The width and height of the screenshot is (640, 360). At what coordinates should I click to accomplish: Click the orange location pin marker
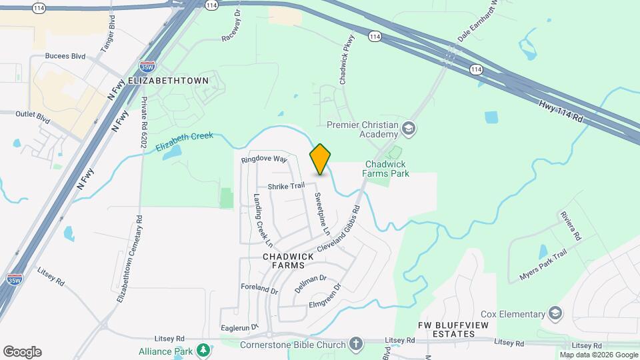click(x=320, y=159)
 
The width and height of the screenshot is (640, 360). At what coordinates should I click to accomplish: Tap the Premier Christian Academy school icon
click(x=408, y=128)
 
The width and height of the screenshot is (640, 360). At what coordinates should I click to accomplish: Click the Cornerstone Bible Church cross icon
click(x=356, y=344)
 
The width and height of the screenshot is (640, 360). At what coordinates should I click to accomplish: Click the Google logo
click(x=22, y=352)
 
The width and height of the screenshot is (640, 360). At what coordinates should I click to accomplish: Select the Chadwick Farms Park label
click(x=387, y=169)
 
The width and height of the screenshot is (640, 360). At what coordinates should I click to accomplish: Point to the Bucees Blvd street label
click(x=65, y=57)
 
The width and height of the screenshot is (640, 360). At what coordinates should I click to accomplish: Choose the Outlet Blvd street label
click(x=33, y=115)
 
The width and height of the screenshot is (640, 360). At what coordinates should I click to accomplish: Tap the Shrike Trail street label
click(x=286, y=186)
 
